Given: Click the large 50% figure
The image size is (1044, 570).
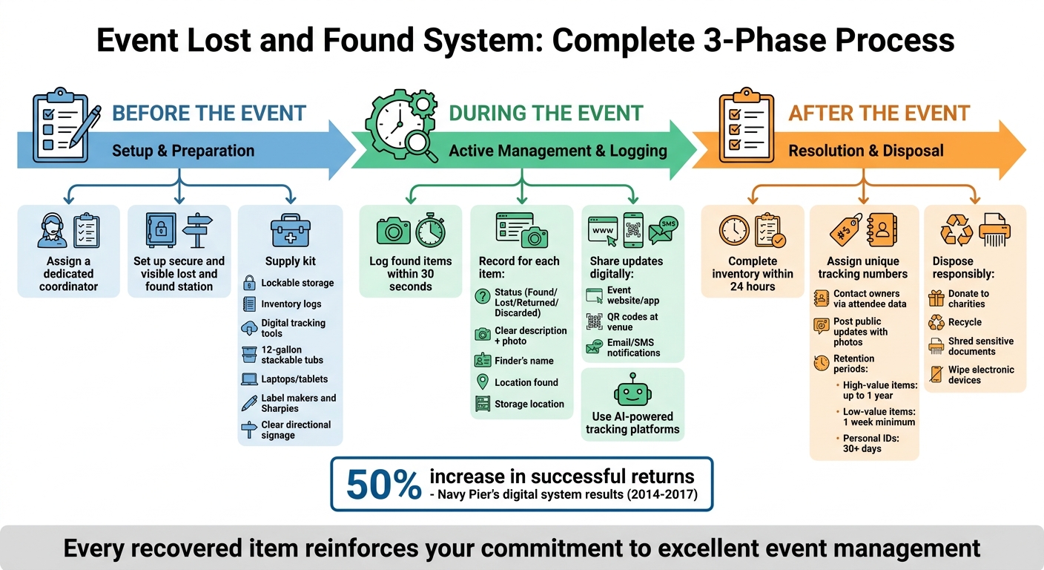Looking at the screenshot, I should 383,485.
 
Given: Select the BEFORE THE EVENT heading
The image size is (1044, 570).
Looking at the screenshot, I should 209,114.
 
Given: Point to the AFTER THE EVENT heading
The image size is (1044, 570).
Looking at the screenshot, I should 879,114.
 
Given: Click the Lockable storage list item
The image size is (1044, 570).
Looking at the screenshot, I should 297,283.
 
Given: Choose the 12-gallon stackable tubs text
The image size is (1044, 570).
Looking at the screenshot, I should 292,355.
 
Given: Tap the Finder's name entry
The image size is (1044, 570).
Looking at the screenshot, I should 524,361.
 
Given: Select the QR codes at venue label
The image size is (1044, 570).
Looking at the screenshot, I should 632,321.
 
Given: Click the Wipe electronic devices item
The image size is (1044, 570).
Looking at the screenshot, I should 981,375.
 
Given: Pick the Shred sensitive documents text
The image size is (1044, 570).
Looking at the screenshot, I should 980,347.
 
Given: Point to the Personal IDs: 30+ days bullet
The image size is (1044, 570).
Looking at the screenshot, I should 879,444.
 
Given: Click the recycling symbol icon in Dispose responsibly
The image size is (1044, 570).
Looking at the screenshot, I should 957,231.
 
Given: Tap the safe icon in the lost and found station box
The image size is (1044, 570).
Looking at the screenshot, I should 160,229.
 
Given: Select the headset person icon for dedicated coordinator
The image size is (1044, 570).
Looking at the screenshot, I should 52,231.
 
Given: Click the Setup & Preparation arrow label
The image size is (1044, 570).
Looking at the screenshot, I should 182,151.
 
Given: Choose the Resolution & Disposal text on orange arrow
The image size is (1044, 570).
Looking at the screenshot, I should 865,151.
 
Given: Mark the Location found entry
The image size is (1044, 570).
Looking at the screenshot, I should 526,382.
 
